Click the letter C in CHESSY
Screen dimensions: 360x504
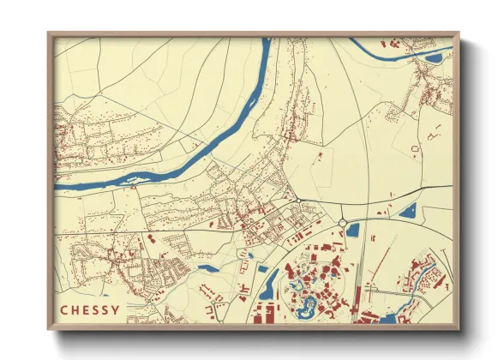point(64,309)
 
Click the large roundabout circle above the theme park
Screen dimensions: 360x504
point(343,223)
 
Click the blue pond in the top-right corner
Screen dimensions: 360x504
point(434,58)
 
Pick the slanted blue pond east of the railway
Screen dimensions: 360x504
point(408,210)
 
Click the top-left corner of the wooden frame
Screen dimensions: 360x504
point(49,34)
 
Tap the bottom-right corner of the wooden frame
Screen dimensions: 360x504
point(458,327)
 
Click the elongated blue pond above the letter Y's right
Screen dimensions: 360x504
point(207,267)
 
